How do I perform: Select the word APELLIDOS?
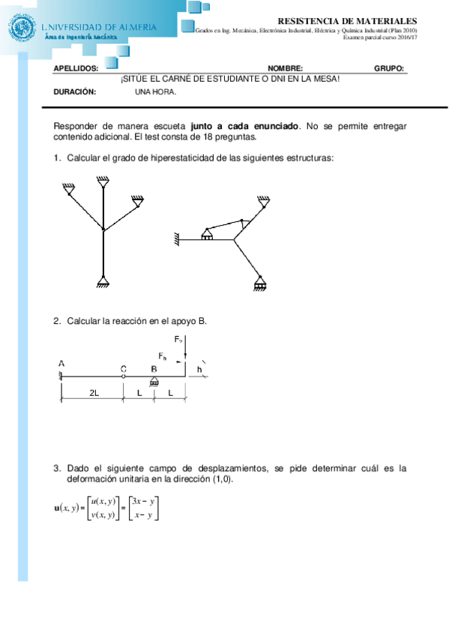pos(76,68)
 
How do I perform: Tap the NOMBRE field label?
pos(285,68)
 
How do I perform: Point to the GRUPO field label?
pos(389,68)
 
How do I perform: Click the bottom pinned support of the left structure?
pos(103,283)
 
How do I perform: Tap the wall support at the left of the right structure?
pos(178,240)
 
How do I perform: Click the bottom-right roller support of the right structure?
pos(259,284)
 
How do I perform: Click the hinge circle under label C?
pos(123,376)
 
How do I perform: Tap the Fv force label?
pos(178,340)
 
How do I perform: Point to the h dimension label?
pos(199,369)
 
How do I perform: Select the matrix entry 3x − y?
pos(142,500)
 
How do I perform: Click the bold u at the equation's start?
pos(58,508)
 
